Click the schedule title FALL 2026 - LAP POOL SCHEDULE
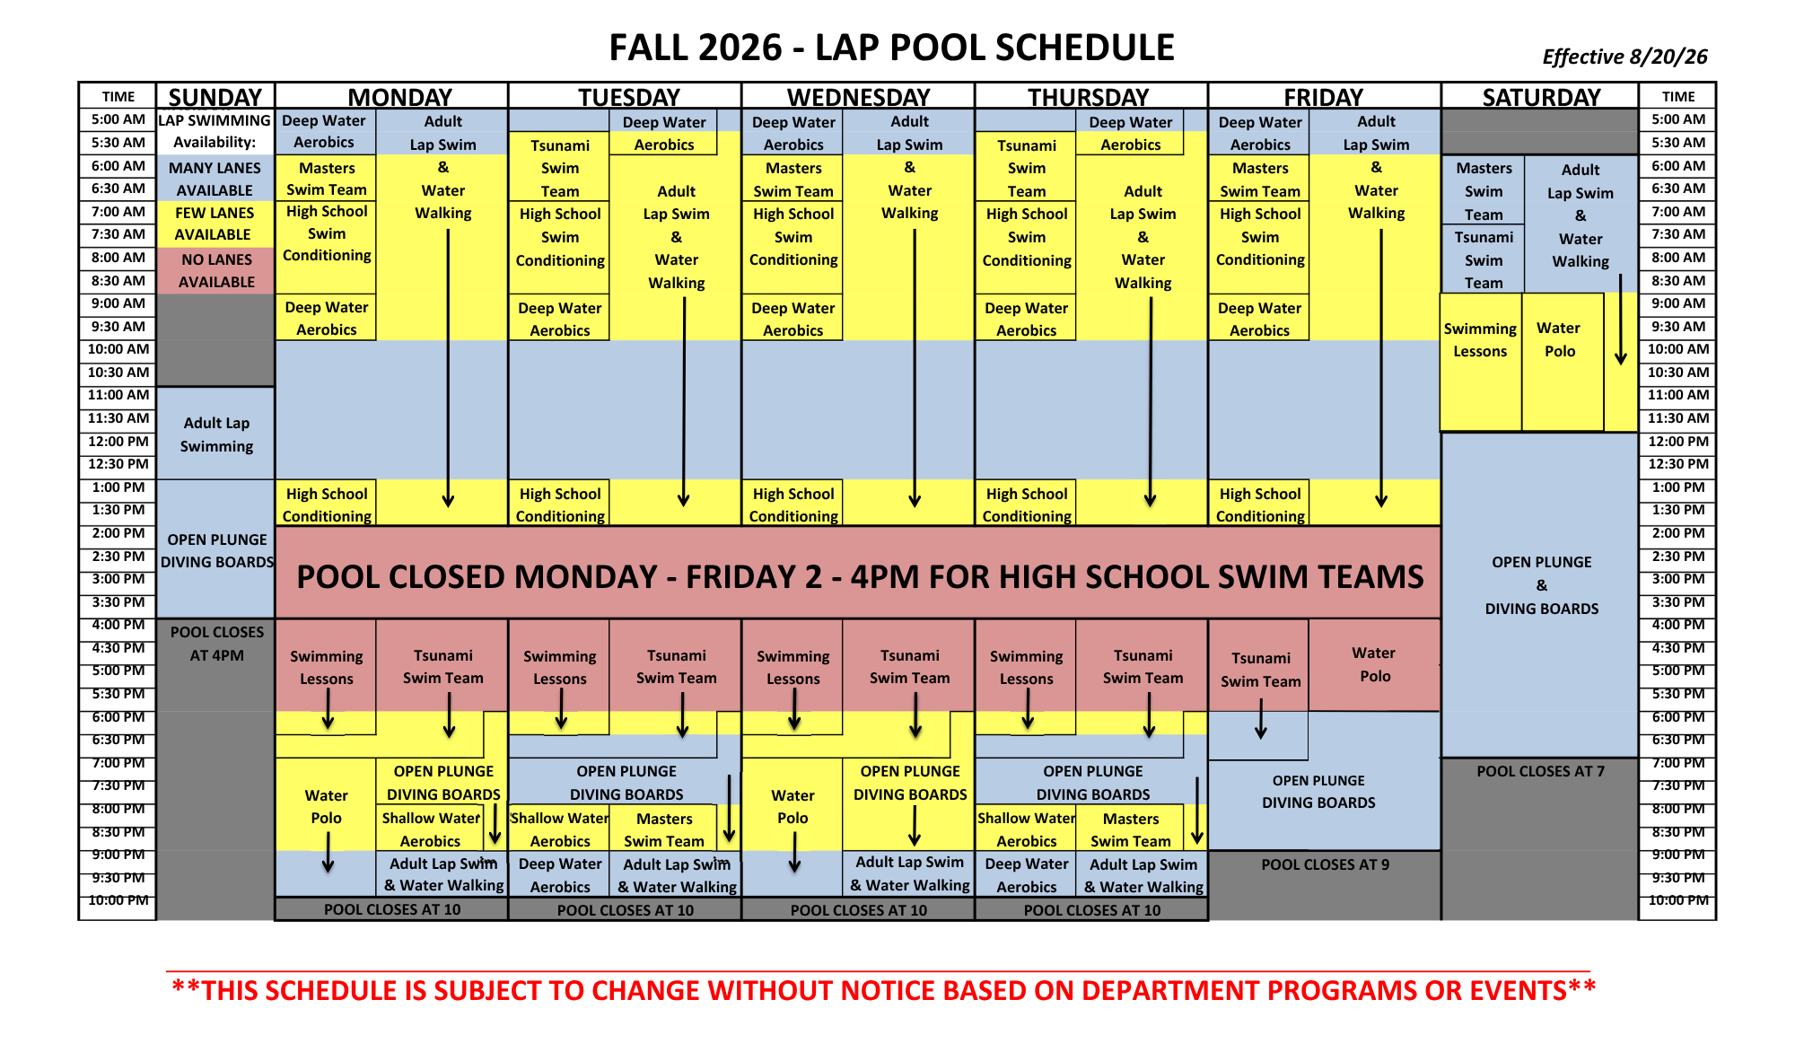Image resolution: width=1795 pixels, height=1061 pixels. [x=891, y=48]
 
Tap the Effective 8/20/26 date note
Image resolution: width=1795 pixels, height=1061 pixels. [x=1624, y=57]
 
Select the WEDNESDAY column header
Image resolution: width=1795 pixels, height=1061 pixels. [x=858, y=97]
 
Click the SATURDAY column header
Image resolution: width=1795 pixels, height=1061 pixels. [x=1541, y=97]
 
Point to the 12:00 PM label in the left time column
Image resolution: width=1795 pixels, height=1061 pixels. [x=118, y=442]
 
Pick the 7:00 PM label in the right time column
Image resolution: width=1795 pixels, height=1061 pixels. [x=1678, y=763]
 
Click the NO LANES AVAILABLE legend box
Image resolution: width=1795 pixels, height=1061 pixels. [x=216, y=270]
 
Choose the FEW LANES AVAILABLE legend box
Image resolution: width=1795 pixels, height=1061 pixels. [x=216, y=224]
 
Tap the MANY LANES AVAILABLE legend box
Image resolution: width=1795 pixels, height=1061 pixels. [x=216, y=179]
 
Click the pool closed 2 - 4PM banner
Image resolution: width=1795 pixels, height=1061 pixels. [x=859, y=574]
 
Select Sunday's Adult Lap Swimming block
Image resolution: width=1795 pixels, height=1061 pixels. [x=216, y=434]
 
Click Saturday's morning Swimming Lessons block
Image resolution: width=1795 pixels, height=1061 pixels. [x=1481, y=362]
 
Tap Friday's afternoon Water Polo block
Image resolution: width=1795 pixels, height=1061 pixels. [x=1375, y=665]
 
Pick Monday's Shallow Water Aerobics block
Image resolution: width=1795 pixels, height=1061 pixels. [x=430, y=829]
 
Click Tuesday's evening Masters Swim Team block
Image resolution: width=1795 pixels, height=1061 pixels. [x=663, y=829]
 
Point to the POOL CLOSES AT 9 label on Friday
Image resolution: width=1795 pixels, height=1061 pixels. [x=1325, y=864]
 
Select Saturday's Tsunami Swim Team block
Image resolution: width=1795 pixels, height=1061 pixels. [x=1483, y=259]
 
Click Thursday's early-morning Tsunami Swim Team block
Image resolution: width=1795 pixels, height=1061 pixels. [x=1026, y=167]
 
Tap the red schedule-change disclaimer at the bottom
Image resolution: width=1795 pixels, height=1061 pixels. [x=884, y=990]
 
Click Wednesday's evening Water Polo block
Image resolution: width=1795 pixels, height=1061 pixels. [x=792, y=805]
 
